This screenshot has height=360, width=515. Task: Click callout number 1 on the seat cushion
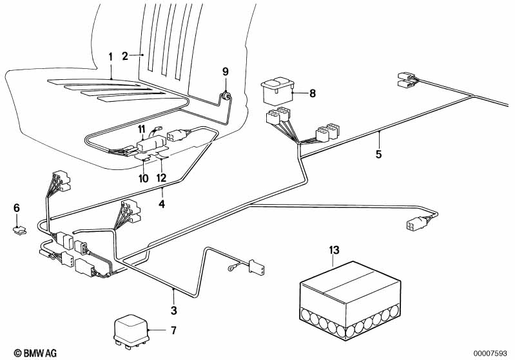click(x=110, y=57)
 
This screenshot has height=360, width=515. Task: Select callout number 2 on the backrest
click(x=126, y=55)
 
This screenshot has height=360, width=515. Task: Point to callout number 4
click(x=162, y=205)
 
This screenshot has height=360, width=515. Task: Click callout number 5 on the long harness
click(x=379, y=154)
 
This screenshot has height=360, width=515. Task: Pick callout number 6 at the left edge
click(x=17, y=207)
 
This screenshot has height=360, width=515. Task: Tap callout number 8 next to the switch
click(x=313, y=93)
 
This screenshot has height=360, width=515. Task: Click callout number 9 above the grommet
click(x=226, y=71)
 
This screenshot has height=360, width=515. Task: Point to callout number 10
click(x=144, y=178)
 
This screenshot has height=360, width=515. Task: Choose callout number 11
click(x=142, y=131)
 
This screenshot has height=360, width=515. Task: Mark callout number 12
click(x=161, y=178)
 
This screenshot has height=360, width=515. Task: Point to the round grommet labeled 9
click(x=227, y=97)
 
